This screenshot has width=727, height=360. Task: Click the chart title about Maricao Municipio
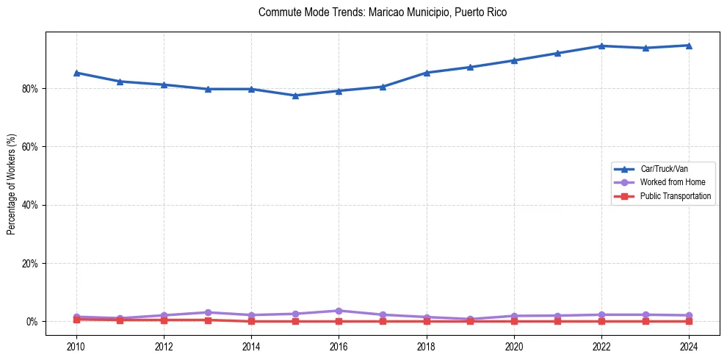point(383,12)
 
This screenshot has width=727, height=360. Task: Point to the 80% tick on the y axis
point(30,89)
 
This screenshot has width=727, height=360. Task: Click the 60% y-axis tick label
point(30,147)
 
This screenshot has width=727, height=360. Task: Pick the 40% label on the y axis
point(30,205)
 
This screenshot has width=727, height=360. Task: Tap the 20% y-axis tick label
point(30,264)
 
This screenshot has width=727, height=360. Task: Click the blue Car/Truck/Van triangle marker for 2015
point(295,96)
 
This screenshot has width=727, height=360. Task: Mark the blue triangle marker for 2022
point(601,46)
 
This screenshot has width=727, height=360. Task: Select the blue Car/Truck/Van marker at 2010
point(76,73)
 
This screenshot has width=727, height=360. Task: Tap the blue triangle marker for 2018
point(427,73)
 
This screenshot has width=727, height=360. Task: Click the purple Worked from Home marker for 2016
point(339,311)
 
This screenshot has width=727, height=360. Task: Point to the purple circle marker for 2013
point(208,312)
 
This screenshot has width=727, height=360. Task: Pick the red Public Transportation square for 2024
point(689,321)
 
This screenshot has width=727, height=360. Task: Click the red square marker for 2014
point(251,321)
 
